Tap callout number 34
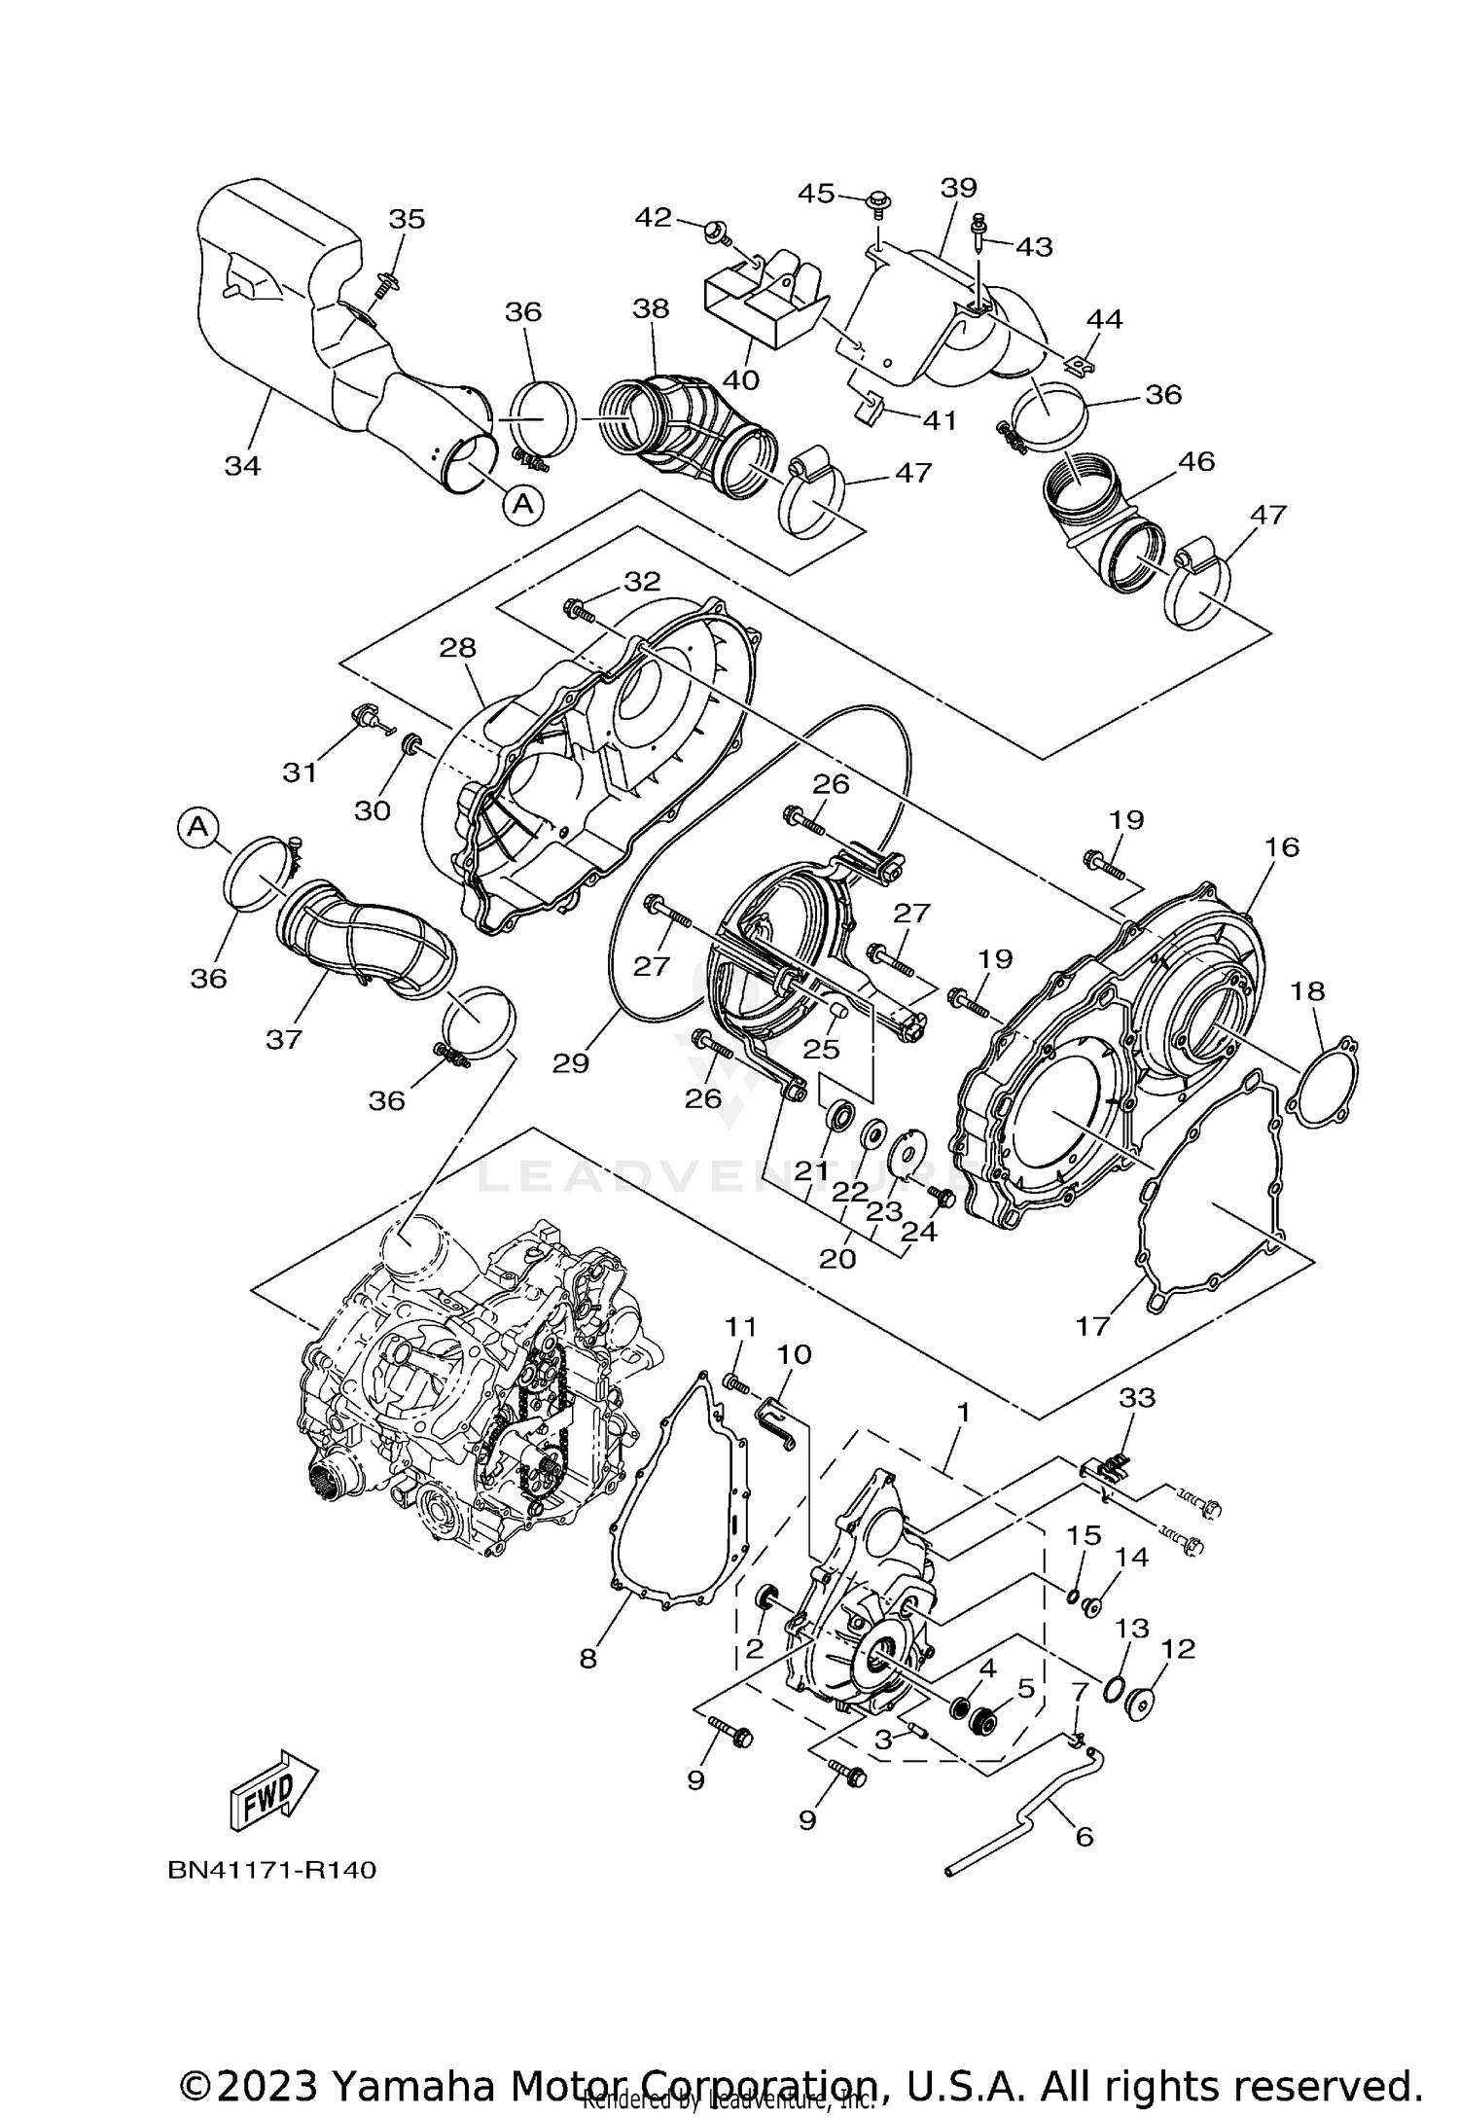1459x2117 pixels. coord(243,466)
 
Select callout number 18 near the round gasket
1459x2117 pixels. coord(1308,990)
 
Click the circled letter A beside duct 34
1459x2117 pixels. coord(523,503)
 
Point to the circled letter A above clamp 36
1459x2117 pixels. coord(197,827)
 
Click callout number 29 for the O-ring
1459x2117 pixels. coord(571,1063)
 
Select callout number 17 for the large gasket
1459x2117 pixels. coord(1092,1325)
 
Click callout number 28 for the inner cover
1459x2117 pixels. coord(458,647)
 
